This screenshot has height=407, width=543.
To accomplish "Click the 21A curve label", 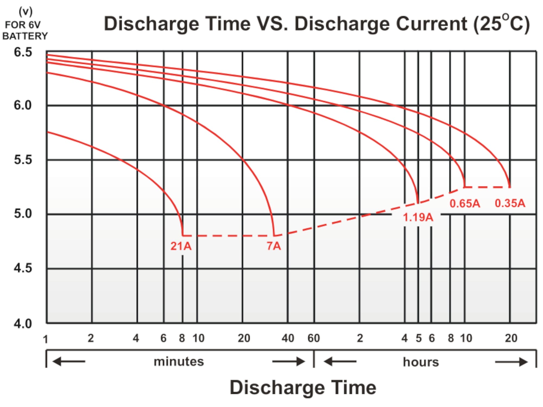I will [x=181, y=246].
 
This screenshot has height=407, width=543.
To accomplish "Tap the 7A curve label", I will [x=274, y=246].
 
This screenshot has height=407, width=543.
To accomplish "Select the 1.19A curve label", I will [x=418, y=217].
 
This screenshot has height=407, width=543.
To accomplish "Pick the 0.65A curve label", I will [x=465, y=203].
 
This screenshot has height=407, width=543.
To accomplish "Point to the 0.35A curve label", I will [x=510, y=203].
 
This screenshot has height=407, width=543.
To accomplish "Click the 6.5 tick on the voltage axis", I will [x=23, y=52].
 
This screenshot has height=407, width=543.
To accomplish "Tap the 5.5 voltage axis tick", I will [x=23, y=160].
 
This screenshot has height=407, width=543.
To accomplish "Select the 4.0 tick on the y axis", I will [x=23, y=323].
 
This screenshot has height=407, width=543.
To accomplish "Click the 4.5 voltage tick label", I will [x=23, y=268].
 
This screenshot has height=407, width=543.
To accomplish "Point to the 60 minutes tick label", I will [x=314, y=338].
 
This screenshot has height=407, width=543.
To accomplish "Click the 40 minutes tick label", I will [x=288, y=338].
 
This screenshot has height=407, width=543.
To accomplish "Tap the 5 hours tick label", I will [x=419, y=338].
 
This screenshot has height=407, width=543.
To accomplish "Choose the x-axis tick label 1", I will [x=45, y=339].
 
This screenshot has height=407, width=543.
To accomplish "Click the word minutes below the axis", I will [x=179, y=362].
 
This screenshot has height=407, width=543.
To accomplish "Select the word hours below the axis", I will [x=421, y=362].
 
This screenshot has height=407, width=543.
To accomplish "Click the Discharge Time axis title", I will [x=303, y=387].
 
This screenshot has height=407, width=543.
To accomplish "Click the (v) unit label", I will [x=26, y=12].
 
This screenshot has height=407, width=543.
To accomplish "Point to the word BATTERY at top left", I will [x=25, y=36].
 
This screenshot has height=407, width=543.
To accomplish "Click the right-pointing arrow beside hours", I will [x=511, y=362].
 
